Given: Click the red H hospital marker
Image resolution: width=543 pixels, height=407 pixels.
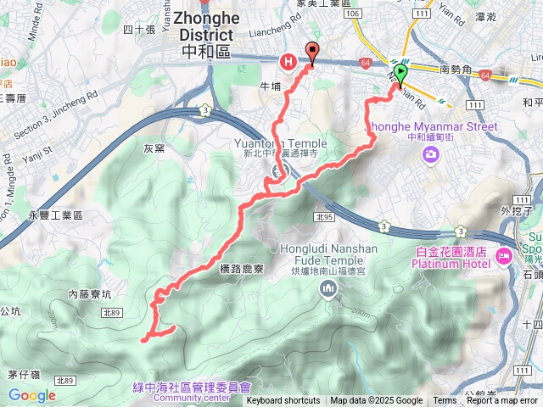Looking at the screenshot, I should coord(288,61).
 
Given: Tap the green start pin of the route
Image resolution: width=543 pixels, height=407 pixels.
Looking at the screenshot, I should coord(400,72).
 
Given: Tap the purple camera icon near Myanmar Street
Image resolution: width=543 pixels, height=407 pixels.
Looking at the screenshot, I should coord(430,153).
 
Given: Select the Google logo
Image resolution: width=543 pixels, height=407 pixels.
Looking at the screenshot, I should coord(31,395).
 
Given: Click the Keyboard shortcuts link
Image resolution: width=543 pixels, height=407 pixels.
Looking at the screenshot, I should coord(283,401).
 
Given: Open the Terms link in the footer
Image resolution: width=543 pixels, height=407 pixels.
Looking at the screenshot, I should coord(445,401).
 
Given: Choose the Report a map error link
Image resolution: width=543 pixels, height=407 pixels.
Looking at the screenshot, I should coord(502,401).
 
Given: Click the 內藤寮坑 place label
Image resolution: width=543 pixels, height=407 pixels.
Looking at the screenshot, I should coord(90,294).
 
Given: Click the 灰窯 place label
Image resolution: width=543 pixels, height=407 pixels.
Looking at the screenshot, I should coord(154,148).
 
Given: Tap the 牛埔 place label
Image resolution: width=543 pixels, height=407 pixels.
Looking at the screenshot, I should coord(269,86).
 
